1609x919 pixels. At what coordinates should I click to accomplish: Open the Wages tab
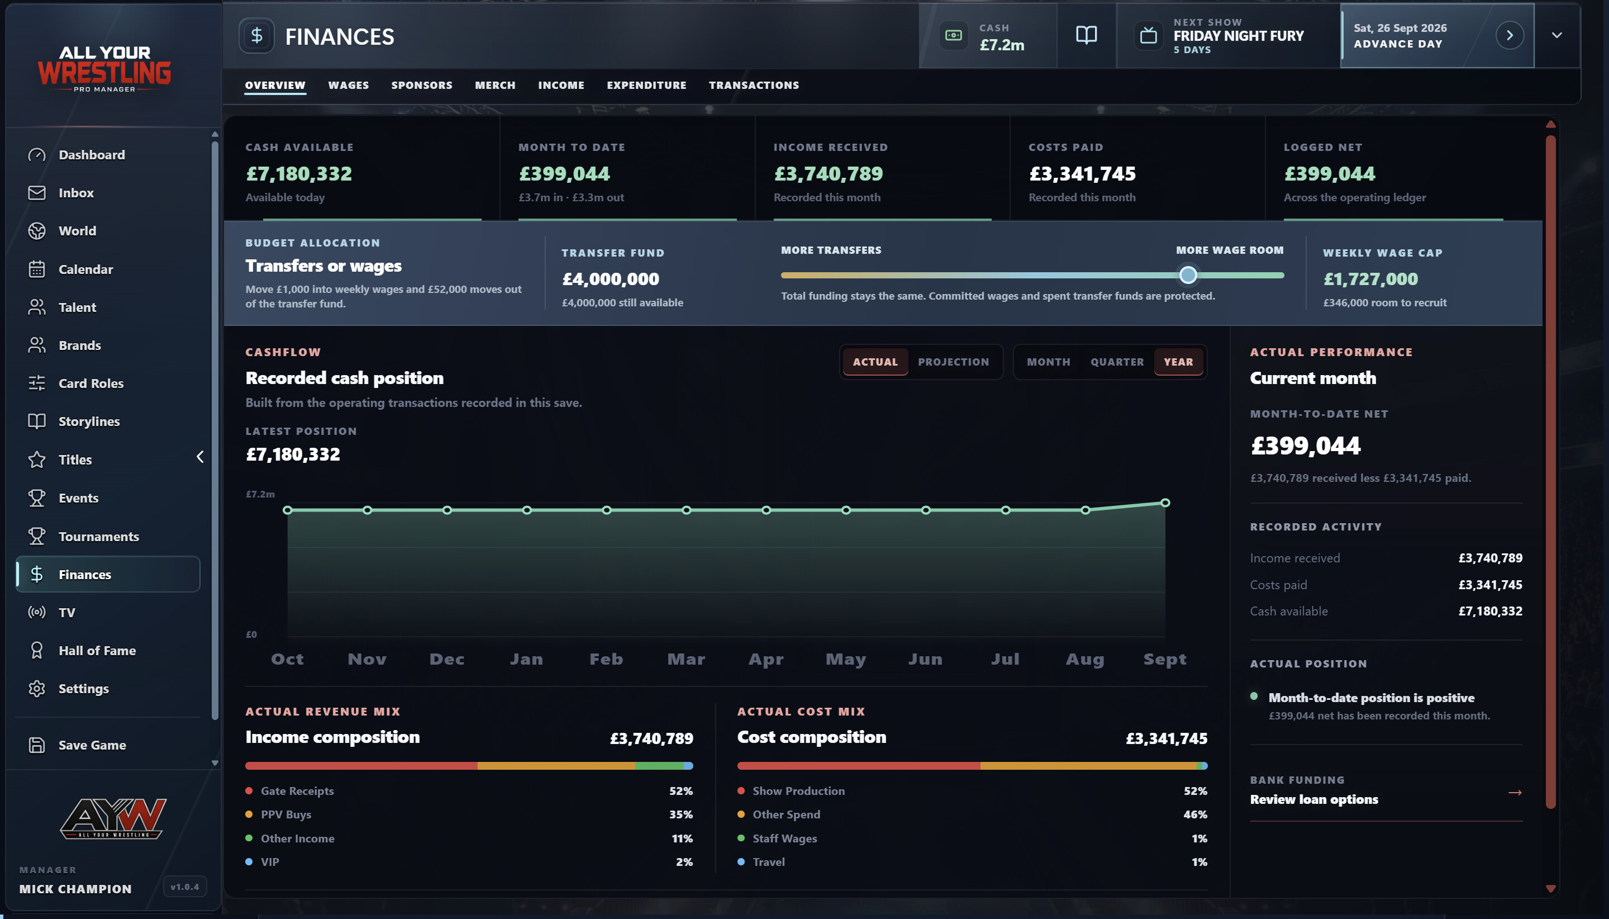pyautogui.click(x=348, y=85)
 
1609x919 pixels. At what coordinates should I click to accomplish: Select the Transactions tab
pyautogui.click(x=754, y=85)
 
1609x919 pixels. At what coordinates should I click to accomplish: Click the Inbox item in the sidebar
pyautogui.click(x=75, y=192)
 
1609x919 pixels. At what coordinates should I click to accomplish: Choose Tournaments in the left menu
pyautogui.click(x=98, y=537)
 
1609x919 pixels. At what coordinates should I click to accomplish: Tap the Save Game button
pyautogui.click(x=92, y=745)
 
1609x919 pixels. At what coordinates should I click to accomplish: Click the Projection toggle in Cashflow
pyautogui.click(x=953, y=362)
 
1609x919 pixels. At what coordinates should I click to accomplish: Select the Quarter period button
pyautogui.click(x=1117, y=362)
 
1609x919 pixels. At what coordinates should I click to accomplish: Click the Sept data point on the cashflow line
pyautogui.click(x=1165, y=503)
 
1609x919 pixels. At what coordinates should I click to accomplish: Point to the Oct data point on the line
pyautogui.click(x=288, y=510)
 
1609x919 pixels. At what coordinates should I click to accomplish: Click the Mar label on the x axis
pyautogui.click(x=686, y=659)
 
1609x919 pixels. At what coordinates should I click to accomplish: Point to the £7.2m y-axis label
pyautogui.click(x=260, y=494)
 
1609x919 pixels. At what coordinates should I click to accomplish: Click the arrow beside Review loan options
pyautogui.click(x=1515, y=792)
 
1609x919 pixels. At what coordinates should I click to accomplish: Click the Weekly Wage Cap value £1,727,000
pyautogui.click(x=1370, y=278)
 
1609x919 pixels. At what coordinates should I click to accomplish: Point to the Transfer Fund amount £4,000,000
pyautogui.click(x=610, y=278)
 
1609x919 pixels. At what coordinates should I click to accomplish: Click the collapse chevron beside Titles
pyautogui.click(x=200, y=456)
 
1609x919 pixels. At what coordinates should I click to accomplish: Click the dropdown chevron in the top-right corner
pyautogui.click(x=1556, y=35)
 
